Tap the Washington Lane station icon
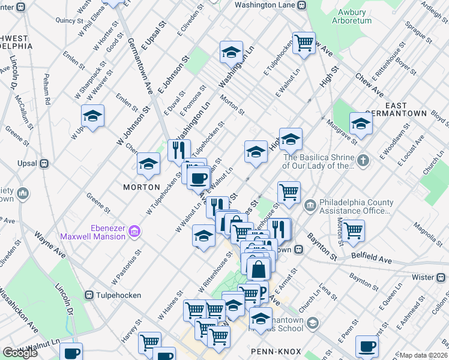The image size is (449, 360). pyautogui.click(x=302, y=5)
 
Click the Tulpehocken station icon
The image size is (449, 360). pyautogui.click(x=89, y=295)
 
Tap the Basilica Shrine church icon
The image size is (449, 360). pyautogui.click(x=363, y=161)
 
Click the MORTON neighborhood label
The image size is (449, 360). pyautogui.click(x=141, y=187)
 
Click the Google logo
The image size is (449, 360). pyautogui.click(x=20, y=353)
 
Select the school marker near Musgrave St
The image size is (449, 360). pyautogui.click(x=361, y=123)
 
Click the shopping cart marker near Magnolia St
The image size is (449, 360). pyautogui.click(x=354, y=230)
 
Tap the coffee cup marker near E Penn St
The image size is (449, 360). pyautogui.click(x=367, y=346)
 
